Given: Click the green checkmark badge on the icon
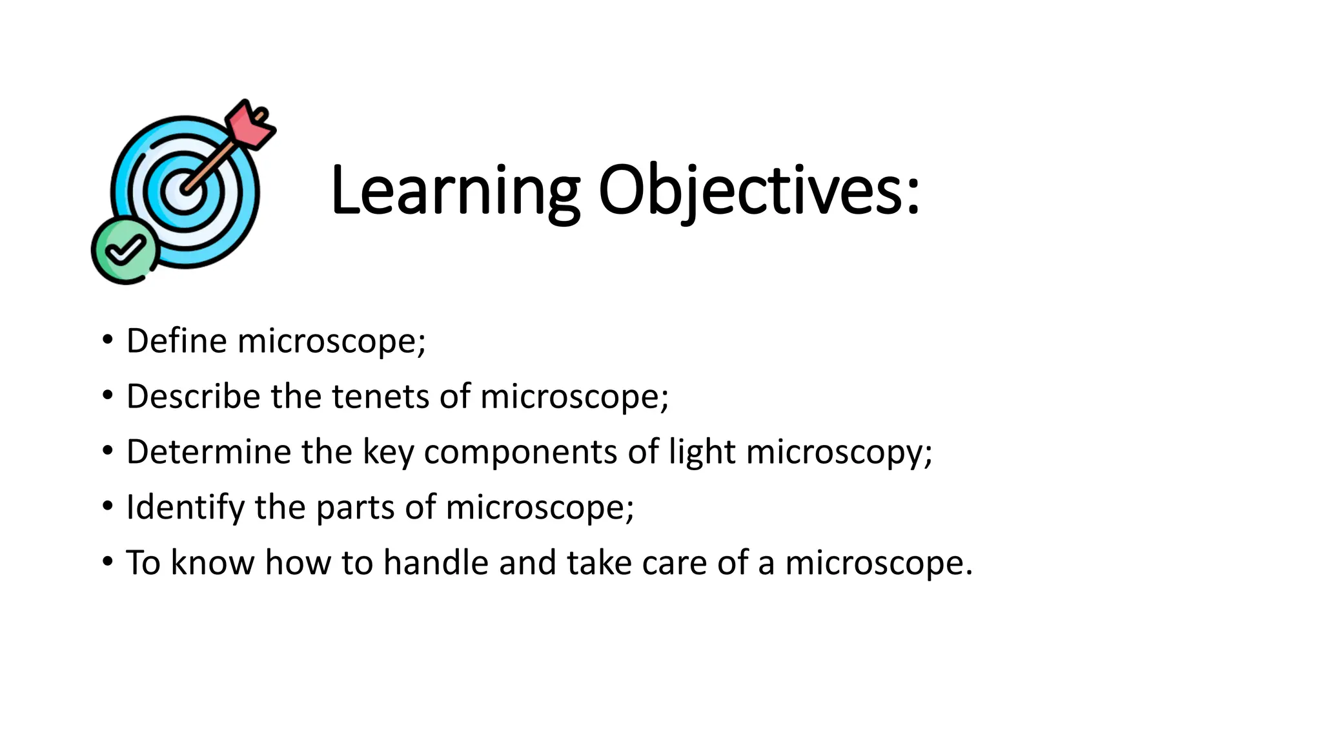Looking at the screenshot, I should (x=125, y=251).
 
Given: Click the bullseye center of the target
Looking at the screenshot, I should (x=183, y=192).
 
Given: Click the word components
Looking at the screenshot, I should (x=520, y=451).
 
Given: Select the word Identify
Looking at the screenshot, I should (x=185, y=507).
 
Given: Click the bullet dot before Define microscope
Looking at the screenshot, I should (x=107, y=340).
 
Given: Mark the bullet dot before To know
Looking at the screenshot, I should (x=107, y=561).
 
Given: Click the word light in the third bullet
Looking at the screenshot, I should (x=702, y=451).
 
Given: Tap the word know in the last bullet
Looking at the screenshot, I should (x=212, y=562).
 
